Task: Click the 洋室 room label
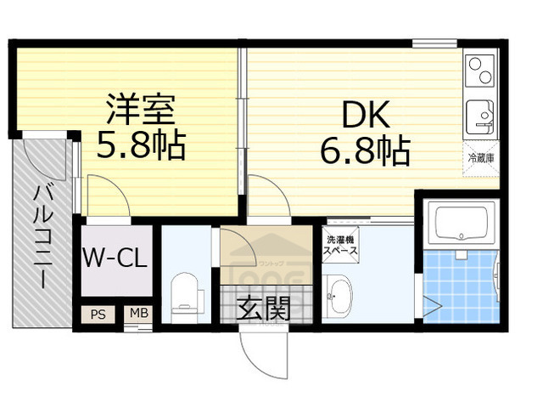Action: [x=140, y=110]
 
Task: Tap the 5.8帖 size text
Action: [x=140, y=145]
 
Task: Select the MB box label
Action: [x=138, y=313]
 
